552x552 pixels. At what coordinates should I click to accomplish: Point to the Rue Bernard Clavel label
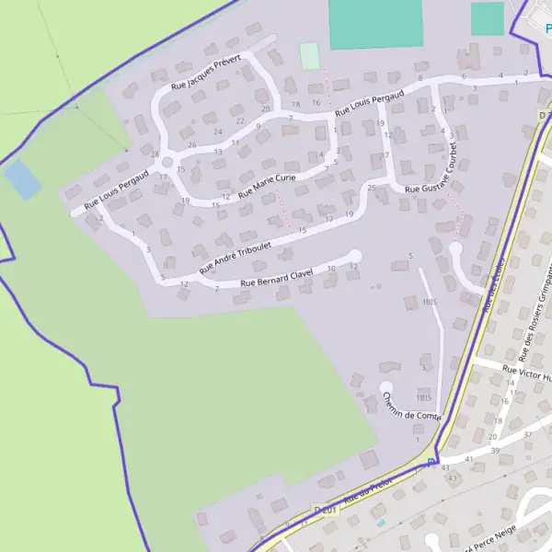point(276,278)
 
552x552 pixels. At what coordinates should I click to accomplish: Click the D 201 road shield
point(327,509)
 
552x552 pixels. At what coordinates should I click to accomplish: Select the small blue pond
point(23,178)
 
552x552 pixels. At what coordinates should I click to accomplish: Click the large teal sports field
point(374,23)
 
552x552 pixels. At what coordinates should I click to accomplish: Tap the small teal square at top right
point(488,18)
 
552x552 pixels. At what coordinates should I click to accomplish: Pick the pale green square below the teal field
point(310,56)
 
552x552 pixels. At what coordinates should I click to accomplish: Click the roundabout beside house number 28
point(167,163)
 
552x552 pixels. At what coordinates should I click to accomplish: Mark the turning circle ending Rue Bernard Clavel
point(355,256)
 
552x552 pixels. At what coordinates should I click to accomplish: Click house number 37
point(528,433)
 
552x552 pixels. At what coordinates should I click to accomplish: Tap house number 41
point(469,457)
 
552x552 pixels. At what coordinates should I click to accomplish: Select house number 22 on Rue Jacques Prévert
point(240,121)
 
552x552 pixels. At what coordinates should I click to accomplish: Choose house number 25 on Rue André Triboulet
point(372,188)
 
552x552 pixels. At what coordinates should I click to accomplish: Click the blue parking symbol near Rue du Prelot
point(431,462)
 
